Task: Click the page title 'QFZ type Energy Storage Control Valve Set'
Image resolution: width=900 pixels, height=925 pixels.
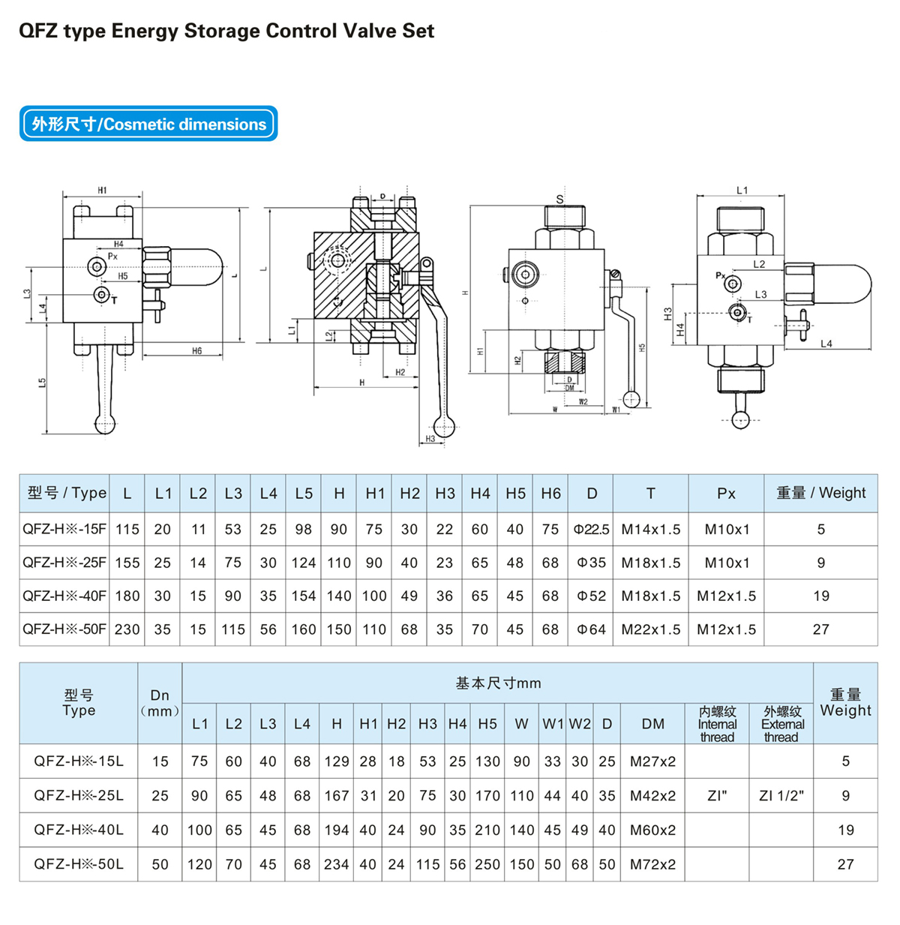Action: pos(226,32)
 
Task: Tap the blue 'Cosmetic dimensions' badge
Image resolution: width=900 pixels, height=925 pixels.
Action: pos(148,124)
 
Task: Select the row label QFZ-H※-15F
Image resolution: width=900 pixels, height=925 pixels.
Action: pos(64,529)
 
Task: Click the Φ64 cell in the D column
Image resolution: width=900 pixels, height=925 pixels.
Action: pos(591,629)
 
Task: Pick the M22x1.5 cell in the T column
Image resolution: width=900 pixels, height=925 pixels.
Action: pos(650,629)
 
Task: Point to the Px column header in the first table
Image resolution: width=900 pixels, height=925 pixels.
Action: pos(726,493)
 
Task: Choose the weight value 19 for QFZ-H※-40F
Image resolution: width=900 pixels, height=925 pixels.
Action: pos(821,596)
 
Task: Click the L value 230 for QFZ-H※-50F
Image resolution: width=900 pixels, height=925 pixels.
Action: pos(127,629)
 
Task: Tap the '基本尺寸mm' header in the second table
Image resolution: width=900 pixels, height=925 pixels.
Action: pos(498,683)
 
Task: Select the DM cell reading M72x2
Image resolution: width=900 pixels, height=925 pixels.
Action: pos(652,864)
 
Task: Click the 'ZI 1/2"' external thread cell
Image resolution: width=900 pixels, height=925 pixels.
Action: pos(781,795)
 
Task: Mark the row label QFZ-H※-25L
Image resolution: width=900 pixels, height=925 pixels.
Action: pos(79,795)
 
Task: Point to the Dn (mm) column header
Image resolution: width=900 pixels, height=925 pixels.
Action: pos(160,703)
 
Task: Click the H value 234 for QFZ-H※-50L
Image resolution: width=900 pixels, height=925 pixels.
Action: pos(336,864)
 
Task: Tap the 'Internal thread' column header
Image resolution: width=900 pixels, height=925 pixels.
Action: pos(717,724)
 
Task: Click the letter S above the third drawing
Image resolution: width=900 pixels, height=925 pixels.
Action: pos(559,199)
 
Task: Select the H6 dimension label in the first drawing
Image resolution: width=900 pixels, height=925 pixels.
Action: pos(196,350)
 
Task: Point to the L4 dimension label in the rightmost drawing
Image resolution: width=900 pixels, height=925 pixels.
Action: pos(826,344)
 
